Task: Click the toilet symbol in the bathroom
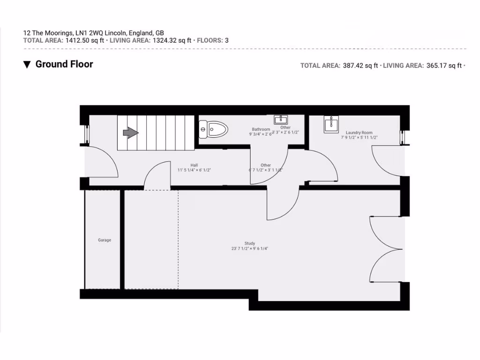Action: [213, 128]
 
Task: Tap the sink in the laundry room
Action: [331, 124]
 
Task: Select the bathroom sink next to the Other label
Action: [282, 120]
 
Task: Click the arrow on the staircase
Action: [131, 133]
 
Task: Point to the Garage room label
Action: [105, 240]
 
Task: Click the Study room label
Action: [249, 243]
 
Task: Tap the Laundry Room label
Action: [359, 133]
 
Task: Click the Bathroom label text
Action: [261, 129]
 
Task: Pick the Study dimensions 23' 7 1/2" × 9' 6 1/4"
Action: [249, 248]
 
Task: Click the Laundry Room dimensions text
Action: [359, 138]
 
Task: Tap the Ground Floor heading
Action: [64, 64]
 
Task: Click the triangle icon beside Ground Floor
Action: [27, 65]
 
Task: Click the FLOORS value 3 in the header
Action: [227, 40]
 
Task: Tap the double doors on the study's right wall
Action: [384, 250]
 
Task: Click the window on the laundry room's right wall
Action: [402, 137]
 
